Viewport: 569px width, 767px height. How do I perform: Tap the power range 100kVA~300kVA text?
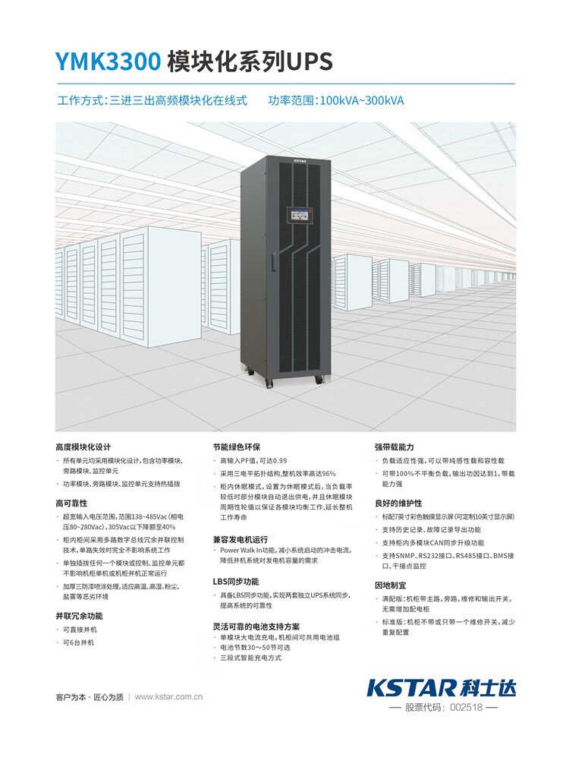(x=362, y=100)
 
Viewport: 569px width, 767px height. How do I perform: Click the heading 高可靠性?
(x=72, y=503)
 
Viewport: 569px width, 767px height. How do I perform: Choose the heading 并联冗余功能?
(x=79, y=616)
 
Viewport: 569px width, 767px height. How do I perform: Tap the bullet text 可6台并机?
(x=79, y=643)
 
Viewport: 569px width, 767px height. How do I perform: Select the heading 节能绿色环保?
(x=237, y=447)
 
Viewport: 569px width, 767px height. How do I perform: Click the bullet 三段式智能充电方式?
(x=251, y=658)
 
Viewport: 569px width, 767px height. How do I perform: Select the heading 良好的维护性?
(x=398, y=503)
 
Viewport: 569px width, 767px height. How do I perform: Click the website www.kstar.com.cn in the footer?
(x=169, y=696)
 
